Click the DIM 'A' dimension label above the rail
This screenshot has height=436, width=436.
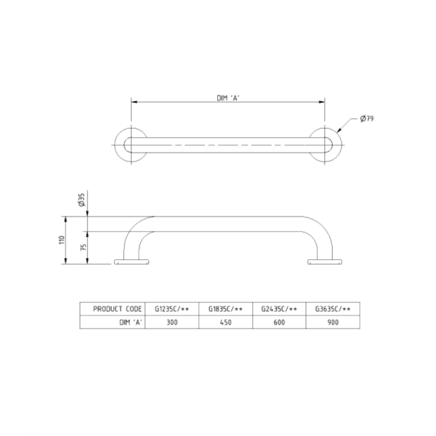point(228,97)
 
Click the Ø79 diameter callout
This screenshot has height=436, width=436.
point(368,118)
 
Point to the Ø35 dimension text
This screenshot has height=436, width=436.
point(82,201)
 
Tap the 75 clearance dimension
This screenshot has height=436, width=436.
point(82,248)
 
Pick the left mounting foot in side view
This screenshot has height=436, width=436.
point(132,262)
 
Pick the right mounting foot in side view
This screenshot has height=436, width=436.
point(324,262)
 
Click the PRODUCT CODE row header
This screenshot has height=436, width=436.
point(116,309)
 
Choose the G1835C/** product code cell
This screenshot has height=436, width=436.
point(225,309)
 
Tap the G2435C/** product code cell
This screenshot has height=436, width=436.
point(279,309)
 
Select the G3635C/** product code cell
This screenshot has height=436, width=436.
point(333,309)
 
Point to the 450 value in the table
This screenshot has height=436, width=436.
point(225,322)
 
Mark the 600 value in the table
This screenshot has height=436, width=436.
point(279,322)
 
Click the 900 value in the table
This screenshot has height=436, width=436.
point(333,322)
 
